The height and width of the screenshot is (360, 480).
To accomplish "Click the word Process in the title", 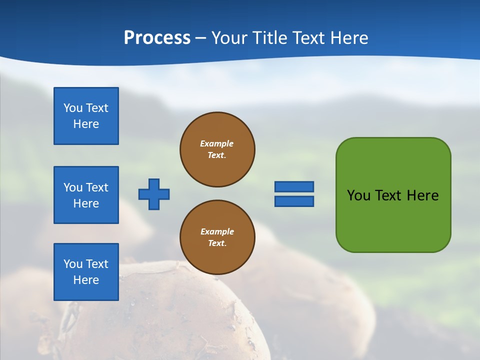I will [157, 38].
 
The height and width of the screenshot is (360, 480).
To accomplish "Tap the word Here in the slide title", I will [348, 38].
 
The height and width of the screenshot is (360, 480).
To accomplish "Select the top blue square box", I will [86, 116].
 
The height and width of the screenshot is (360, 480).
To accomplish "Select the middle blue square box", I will [86, 195].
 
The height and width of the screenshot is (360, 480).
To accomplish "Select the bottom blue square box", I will [86, 272].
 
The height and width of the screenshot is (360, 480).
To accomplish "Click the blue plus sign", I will [154, 194].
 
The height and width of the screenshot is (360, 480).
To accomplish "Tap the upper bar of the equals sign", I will [294, 186].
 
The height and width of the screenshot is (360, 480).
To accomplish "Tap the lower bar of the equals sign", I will [294, 201].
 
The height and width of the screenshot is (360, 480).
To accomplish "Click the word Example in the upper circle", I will [217, 143].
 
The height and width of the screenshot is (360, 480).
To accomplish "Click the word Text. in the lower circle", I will [217, 243].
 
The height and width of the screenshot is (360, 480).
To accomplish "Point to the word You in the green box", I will [358, 195].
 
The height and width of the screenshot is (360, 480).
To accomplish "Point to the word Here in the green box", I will [422, 195].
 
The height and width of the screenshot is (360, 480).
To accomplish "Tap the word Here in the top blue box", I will [86, 124].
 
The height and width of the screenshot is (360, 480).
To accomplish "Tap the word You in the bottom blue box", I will [73, 264].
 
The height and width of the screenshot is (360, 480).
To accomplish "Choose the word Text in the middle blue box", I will [97, 187].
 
